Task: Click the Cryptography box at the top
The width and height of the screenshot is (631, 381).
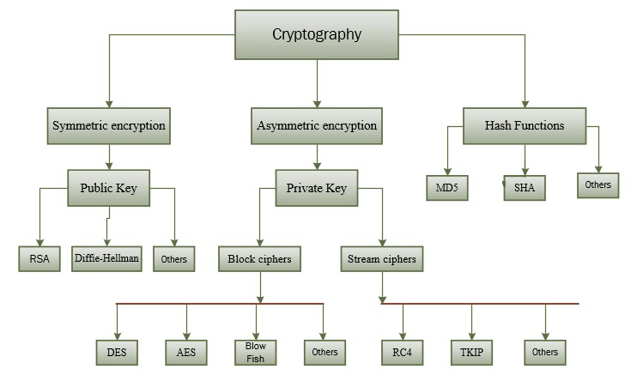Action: pyautogui.click(x=317, y=35)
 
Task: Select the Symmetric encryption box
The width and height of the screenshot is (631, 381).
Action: pyautogui.click(x=109, y=125)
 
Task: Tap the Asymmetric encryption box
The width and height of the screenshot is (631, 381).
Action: pyautogui.click(x=317, y=125)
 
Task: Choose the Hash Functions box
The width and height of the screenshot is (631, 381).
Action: pyautogui.click(x=524, y=125)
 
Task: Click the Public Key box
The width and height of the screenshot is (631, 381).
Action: pyautogui.click(x=109, y=187)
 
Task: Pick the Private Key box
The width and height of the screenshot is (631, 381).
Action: pyautogui.click(x=317, y=188)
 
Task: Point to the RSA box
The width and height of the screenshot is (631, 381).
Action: pyautogui.click(x=39, y=258)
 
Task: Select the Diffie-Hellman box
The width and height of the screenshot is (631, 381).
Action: pyautogui.click(x=106, y=257)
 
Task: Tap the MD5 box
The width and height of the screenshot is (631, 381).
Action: pyautogui.click(x=447, y=188)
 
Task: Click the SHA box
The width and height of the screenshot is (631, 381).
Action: pyautogui.click(x=524, y=189)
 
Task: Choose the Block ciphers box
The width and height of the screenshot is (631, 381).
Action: pyautogui.click(x=259, y=257)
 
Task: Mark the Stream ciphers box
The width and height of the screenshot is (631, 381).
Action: pyautogui.click(x=381, y=257)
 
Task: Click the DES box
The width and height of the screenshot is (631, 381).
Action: pyautogui.click(x=116, y=351)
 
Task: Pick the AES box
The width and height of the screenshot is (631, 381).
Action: pyautogui.click(x=186, y=351)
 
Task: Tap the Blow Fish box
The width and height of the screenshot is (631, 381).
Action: pyautogui.click(x=256, y=352)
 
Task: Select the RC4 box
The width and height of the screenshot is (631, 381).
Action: pyautogui.click(x=402, y=351)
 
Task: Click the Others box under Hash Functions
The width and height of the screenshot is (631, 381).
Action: pyautogui.click(x=598, y=185)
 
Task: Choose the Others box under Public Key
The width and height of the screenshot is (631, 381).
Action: pyautogui.click(x=174, y=258)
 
